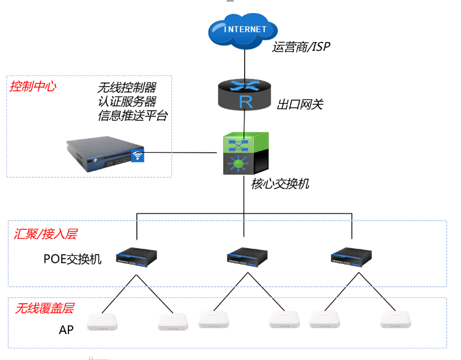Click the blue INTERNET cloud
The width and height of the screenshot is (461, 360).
[x=245, y=29]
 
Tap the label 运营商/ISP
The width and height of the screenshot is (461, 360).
[x=301, y=47]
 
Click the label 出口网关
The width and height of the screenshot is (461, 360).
[x=300, y=104]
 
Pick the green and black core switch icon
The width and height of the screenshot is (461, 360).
[x=246, y=153]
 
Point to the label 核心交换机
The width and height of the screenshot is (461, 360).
[x=280, y=184]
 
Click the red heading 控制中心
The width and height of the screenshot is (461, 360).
[x=33, y=86]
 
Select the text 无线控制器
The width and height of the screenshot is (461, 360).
[x=127, y=88]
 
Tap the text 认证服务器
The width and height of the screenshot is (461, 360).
[x=127, y=101]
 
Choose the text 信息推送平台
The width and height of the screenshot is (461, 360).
[x=133, y=115]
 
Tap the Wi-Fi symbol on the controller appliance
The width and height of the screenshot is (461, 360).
[x=137, y=156]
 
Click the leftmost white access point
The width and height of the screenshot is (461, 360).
[x=102, y=322]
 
